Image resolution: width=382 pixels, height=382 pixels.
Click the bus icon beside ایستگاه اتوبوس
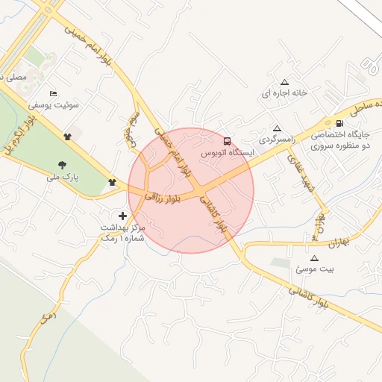coord(227,141)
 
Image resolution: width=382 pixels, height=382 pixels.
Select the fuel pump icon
coord(341,124)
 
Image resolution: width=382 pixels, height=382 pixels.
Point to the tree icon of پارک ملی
coord(62,165)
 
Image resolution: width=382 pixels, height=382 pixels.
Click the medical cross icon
coord(123,216)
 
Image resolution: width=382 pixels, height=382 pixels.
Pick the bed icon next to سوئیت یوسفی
coord(52,93)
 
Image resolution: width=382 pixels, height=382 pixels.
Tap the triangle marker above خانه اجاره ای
coord(284,82)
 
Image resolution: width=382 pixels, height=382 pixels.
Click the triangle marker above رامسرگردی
coord(278,128)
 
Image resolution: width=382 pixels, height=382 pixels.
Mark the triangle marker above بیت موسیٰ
coord(313,257)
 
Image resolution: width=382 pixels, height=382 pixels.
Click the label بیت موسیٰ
coord(313,269)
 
